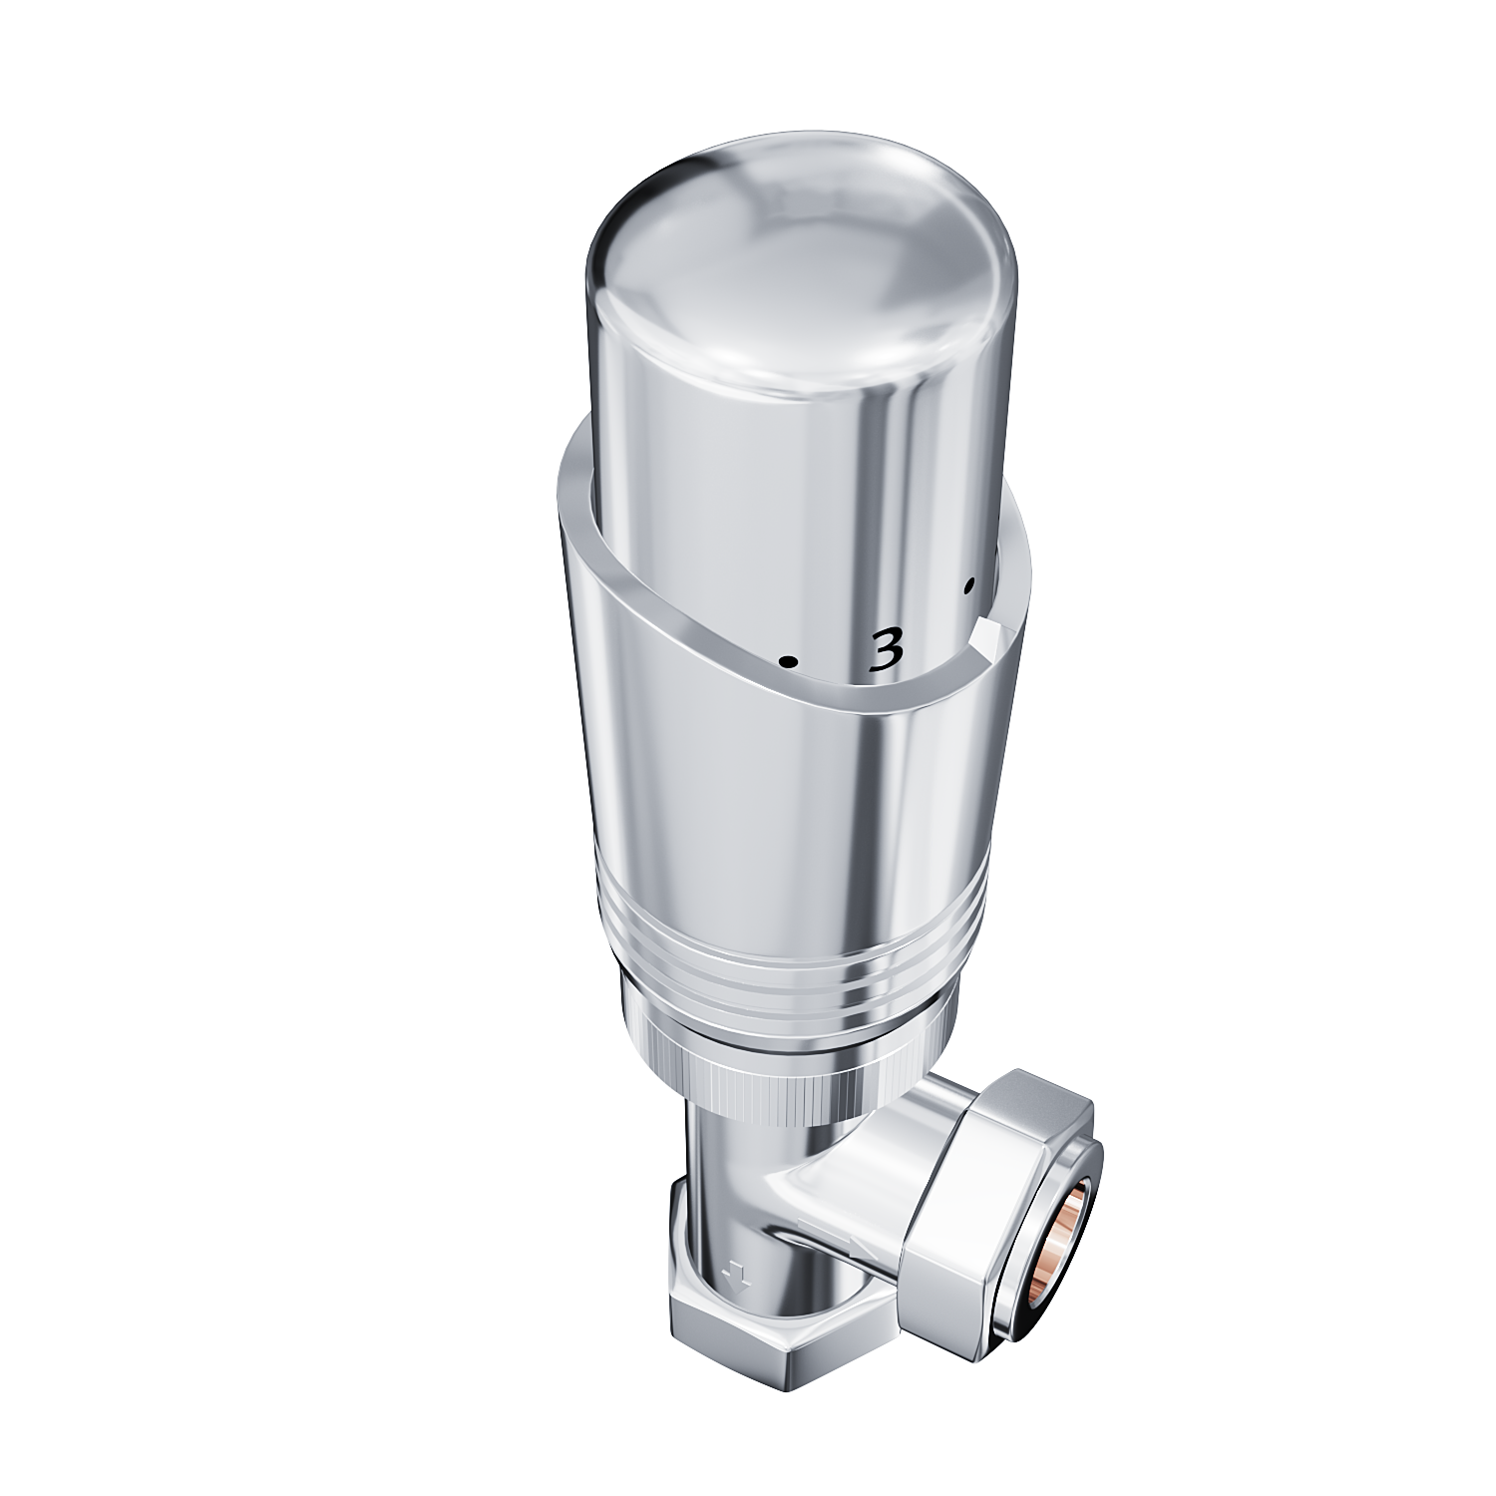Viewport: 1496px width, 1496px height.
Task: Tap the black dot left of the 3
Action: [x=788, y=660]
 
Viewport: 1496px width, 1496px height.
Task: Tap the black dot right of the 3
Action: [x=967, y=586]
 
